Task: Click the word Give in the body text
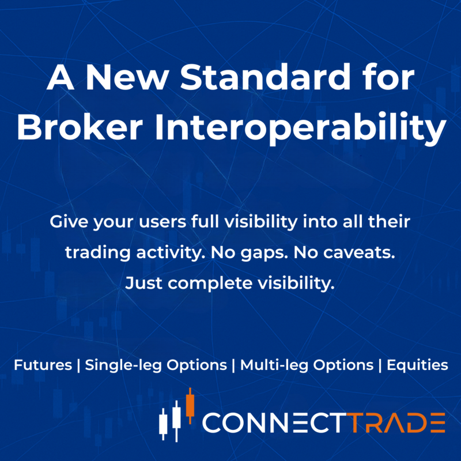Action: [x=69, y=222]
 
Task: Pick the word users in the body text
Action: [x=149, y=222]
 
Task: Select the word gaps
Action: [x=242, y=254]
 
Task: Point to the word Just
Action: [x=142, y=284]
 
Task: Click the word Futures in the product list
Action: [x=42, y=365]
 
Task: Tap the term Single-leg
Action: [x=122, y=365]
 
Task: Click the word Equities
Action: [x=417, y=365]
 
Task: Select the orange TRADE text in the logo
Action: [x=398, y=423]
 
